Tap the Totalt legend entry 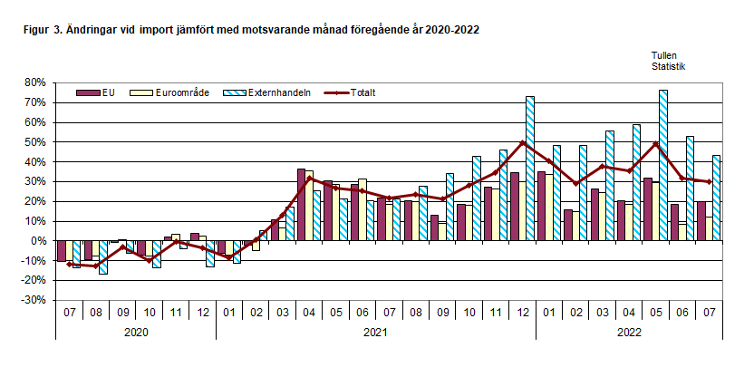tap(363, 92)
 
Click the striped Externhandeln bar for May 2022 tap(664, 165)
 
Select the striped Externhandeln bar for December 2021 tap(530, 168)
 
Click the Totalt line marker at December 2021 tap(522, 142)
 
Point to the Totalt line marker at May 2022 tap(655, 144)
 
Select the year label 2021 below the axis tap(376, 333)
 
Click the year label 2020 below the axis tap(136, 333)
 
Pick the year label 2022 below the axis tap(629, 333)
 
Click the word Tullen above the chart tap(664, 55)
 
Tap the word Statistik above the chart tap(668, 66)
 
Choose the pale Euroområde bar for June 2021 tap(362, 209)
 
